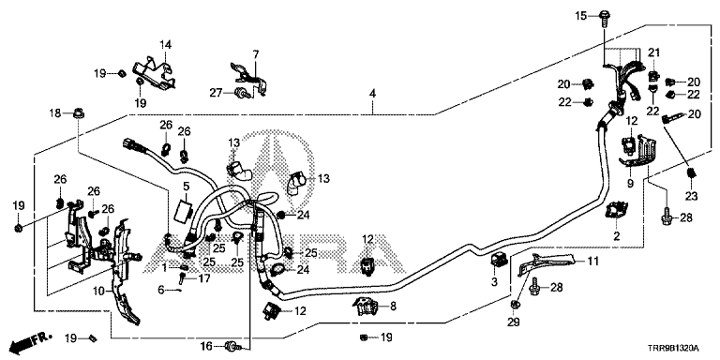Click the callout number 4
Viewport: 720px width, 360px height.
click(x=372, y=94)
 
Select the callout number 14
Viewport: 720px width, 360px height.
click(x=165, y=45)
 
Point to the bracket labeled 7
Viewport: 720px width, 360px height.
click(x=249, y=78)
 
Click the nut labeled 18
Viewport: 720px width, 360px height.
click(x=79, y=112)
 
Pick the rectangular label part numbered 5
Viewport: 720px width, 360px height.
click(x=185, y=207)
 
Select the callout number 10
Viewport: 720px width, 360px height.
click(x=100, y=291)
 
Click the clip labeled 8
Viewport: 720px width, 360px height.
click(x=366, y=307)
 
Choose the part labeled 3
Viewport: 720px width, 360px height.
click(x=499, y=261)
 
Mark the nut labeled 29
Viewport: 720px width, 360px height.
click(x=515, y=304)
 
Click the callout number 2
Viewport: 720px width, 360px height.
click(x=617, y=236)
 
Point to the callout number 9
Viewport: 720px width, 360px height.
click(x=630, y=184)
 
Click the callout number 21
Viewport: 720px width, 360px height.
click(x=653, y=53)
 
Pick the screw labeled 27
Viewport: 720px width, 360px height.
click(x=242, y=93)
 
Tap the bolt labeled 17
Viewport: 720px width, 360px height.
click(x=183, y=277)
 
